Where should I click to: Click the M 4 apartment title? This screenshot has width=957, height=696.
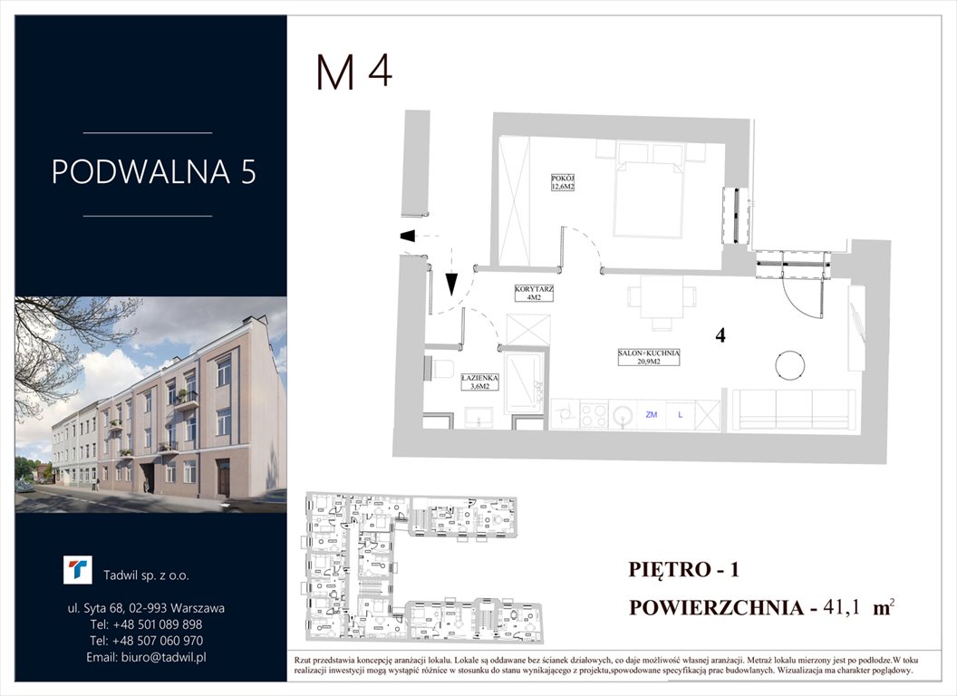coord(354,72)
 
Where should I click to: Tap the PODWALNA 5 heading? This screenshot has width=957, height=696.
coord(153,171)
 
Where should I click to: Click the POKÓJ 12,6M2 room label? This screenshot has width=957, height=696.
coord(565,183)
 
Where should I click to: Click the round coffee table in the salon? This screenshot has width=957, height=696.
coord(791,364)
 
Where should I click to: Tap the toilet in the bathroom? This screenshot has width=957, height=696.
coord(440,369)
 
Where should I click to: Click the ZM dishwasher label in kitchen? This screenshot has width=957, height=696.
coord(651,414)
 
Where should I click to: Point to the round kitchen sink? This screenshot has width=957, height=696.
coord(623,415)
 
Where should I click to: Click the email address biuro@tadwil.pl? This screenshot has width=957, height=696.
coord(147,656)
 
